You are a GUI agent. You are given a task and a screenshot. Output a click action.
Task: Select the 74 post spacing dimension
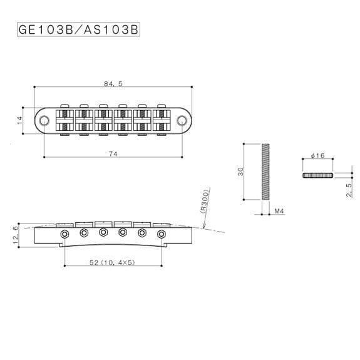(x=113, y=153)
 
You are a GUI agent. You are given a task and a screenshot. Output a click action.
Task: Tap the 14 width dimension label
(x=21, y=118)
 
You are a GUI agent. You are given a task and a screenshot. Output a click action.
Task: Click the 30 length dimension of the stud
(x=240, y=172)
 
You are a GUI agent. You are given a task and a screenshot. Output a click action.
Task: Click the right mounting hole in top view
(x=182, y=118)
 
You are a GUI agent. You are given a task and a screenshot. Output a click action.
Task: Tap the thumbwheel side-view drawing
(x=317, y=175)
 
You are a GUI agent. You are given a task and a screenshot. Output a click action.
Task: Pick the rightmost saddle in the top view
(x=162, y=118)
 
